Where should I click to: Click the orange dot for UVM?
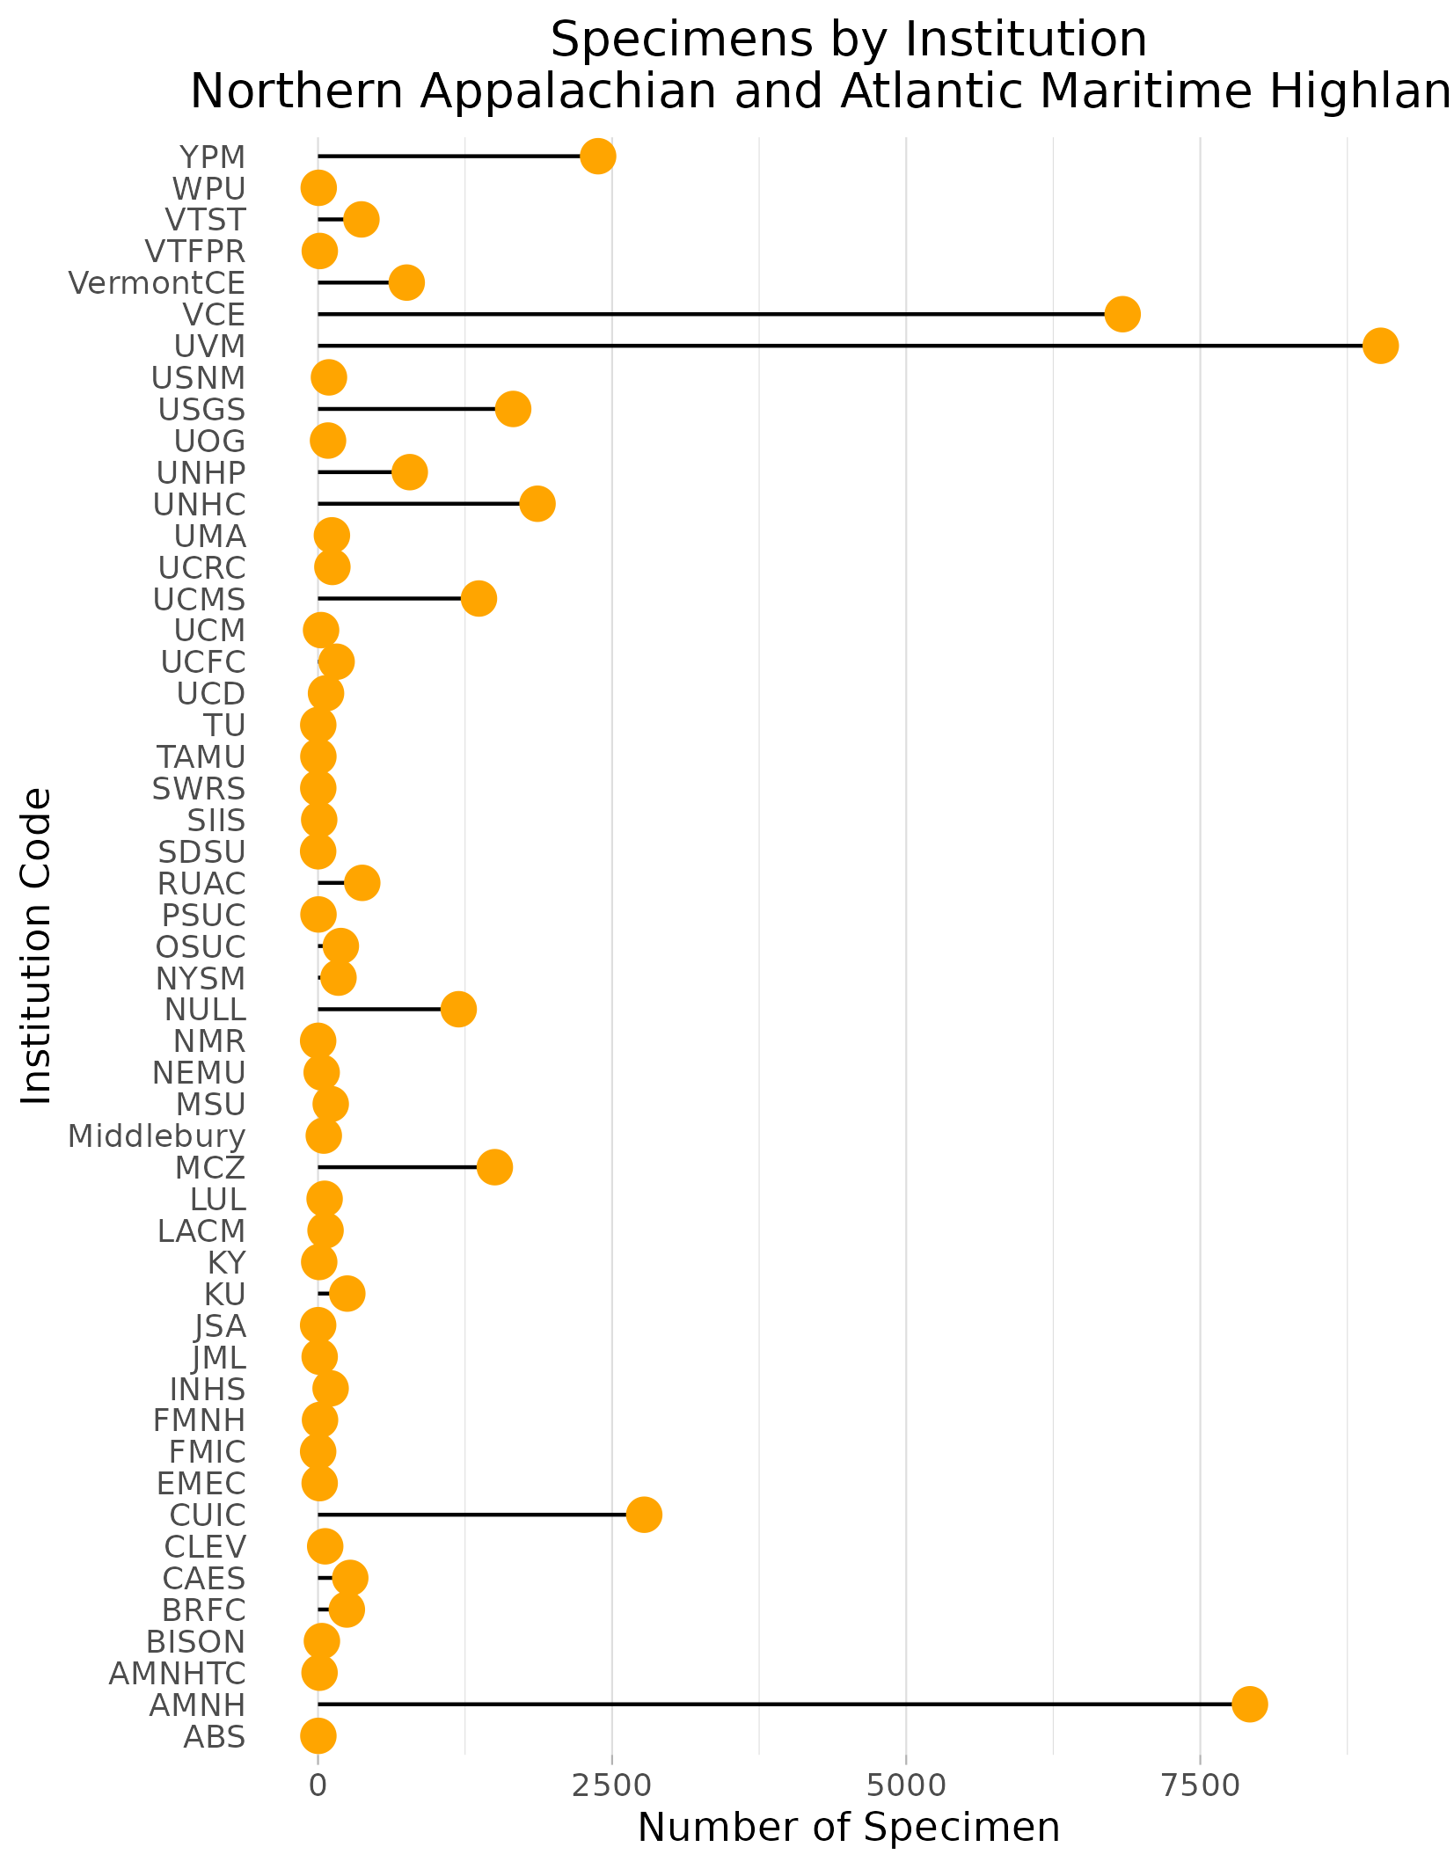tap(1380, 346)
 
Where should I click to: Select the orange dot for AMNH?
tap(1249, 1704)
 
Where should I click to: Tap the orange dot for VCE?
tap(1122, 314)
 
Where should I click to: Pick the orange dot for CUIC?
tap(644, 1515)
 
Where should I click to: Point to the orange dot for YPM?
tap(598, 157)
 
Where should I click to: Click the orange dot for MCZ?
tap(495, 1167)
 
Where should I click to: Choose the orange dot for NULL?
tap(458, 1009)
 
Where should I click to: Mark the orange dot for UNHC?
tap(537, 504)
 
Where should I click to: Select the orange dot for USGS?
tap(513, 409)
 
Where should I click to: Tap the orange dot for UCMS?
tap(479, 599)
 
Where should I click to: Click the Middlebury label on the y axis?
tap(157, 1136)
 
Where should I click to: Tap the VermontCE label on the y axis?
tap(157, 283)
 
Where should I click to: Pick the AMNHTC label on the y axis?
tap(177, 1673)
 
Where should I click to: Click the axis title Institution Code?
tap(36, 945)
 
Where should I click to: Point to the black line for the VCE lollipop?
tap(704, 314)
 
